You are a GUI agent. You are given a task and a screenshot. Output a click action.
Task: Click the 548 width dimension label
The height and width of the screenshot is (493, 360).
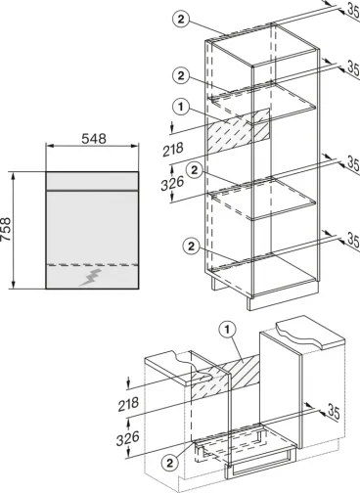pos(94,139)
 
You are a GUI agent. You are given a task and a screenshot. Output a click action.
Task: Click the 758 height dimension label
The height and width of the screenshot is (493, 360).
pos(6,229)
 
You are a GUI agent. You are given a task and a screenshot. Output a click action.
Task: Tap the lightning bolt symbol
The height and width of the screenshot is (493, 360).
pos(91,278)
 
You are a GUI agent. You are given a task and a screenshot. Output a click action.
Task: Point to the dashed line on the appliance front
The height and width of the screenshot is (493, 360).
pos(92,265)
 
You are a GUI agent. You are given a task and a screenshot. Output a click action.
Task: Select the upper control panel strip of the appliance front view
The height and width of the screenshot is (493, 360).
pos(92,181)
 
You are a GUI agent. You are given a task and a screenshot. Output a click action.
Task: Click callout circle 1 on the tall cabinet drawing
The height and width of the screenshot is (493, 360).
pos(181,107)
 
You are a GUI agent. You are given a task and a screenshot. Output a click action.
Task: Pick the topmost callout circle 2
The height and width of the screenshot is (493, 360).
pos(181,20)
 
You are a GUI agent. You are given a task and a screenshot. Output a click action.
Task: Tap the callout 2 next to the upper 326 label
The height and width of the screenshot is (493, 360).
pos(195,170)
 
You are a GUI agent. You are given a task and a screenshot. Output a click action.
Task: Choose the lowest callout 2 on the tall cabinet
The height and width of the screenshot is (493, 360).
pos(192,246)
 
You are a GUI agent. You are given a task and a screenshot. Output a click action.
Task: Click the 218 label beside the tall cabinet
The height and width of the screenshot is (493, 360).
pos(173,150)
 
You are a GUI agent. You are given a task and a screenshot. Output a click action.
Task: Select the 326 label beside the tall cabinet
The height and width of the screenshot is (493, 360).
pos(172,183)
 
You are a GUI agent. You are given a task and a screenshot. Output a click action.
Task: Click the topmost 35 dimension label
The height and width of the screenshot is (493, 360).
pos(353,10)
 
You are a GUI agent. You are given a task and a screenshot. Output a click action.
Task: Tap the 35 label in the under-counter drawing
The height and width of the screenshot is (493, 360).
pos(334,412)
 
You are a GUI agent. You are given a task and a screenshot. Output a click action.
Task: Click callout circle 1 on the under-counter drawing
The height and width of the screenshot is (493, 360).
pos(227,330)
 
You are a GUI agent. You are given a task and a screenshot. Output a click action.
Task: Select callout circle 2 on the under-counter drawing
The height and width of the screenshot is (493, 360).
pos(170,463)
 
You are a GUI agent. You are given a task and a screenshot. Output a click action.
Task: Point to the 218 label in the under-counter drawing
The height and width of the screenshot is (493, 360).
pos(128,404)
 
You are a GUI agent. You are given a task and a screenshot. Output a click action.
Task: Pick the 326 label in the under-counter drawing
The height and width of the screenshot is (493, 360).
pos(128,438)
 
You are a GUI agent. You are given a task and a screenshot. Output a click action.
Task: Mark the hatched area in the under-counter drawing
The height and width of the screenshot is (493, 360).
pos(225,376)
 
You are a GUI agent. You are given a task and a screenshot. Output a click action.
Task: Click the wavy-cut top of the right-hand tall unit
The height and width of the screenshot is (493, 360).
pos(310,336)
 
